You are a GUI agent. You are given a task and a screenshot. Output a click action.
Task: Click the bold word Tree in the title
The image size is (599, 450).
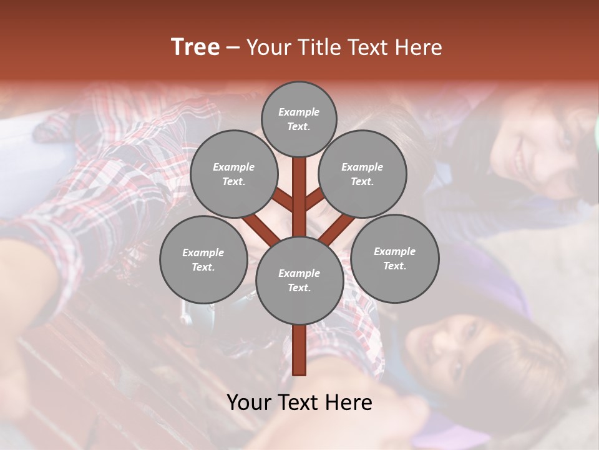(195, 47)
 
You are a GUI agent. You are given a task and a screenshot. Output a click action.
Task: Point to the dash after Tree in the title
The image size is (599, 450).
(233, 47)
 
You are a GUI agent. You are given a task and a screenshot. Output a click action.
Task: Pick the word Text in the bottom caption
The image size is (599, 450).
(299, 402)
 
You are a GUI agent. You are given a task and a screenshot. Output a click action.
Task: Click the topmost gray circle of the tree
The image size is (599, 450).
(299, 119)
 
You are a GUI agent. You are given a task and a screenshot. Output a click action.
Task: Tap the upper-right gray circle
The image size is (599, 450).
(362, 174)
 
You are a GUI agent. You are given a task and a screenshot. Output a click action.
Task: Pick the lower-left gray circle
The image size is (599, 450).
(203, 259)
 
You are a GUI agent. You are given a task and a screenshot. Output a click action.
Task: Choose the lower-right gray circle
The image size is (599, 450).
(394, 258)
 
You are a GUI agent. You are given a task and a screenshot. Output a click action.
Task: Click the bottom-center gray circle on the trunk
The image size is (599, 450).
(299, 280)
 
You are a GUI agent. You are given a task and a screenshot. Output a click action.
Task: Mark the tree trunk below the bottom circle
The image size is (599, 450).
(299, 350)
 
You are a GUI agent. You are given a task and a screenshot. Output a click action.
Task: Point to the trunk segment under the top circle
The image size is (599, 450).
(299, 181)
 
